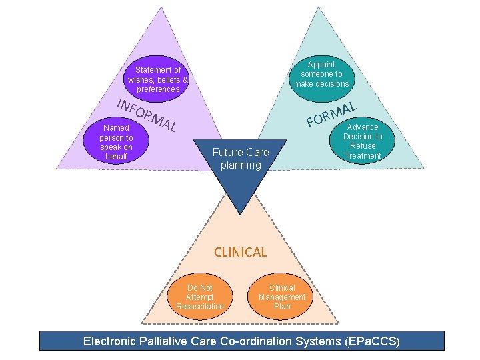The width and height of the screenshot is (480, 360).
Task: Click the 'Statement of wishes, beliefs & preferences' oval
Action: pyautogui.click(x=158, y=79)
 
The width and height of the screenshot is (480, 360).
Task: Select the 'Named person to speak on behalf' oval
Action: pyautogui.click(x=117, y=142)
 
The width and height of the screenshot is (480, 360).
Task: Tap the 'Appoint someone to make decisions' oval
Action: pyautogui.click(x=321, y=74)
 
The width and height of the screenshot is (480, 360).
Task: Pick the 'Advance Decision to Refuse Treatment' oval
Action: pyautogui.click(x=363, y=141)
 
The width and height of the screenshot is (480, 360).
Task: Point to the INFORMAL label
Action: pyautogui.click(x=146, y=115)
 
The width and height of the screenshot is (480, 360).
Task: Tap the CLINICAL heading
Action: pyautogui.click(x=240, y=252)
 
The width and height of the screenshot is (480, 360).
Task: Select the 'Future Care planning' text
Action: pyautogui.click(x=241, y=159)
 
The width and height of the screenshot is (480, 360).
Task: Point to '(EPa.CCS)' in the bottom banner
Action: pyautogui.click(x=373, y=341)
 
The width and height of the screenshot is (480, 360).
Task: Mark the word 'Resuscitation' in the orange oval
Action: pyautogui.click(x=200, y=307)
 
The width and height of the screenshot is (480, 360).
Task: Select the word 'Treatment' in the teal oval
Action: pyautogui.click(x=363, y=156)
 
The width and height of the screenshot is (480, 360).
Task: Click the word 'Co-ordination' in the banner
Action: pyautogui.click(x=256, y=341)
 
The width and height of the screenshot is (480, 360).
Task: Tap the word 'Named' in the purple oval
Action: pyautogui.click(x=117, y=128)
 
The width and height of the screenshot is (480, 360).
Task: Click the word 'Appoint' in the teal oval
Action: pyautogui.click(x=321, y=65)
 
